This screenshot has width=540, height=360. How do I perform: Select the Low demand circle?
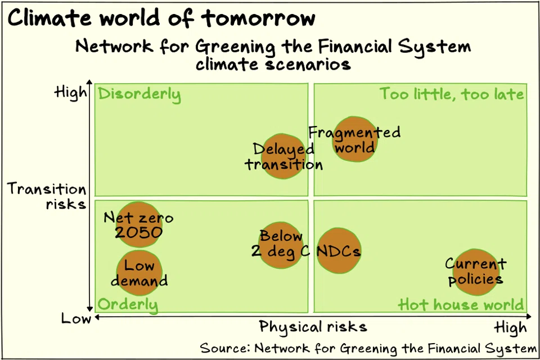click(139, 272)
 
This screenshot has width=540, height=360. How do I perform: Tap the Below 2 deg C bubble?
click(281, 245)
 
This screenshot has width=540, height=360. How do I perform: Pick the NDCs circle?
click(338, 251)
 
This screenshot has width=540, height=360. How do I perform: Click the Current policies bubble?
click(476, 272)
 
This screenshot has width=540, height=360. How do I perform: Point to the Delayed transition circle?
click(283, 156)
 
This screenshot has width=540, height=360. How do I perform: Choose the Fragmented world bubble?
click(354, 139)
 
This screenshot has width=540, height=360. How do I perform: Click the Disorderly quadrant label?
click(139, 94)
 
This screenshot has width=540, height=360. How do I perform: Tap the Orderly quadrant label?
click(128, 305)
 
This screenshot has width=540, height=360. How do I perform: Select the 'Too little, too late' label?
click(452, 94)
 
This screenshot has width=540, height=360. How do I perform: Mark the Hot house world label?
click(461, 305)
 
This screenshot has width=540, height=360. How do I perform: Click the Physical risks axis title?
click(313, 327)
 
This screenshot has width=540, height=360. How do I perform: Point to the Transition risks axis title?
click(47, 196)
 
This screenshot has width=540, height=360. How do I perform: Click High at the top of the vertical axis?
click(71, 92)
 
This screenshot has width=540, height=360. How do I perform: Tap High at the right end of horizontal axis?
click(511, 328)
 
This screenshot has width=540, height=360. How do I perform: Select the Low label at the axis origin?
click(76, 319)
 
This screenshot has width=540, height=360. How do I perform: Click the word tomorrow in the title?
click(259, 18)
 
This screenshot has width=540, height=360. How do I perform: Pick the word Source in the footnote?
click(223, 348)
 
